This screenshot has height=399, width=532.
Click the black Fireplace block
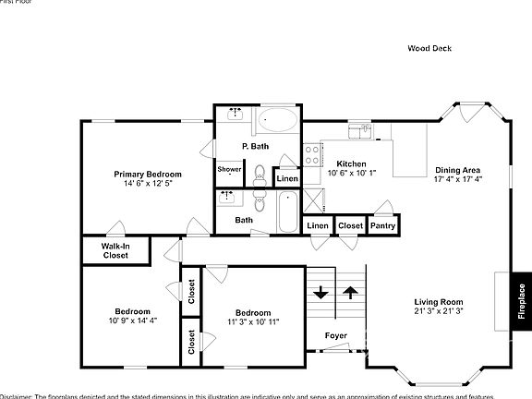[521, 300]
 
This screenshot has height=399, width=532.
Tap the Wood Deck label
[429, 48]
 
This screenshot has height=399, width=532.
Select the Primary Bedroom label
[148, 174]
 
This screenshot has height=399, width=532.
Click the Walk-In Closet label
[115, 251]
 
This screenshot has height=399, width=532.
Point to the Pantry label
[382, 225]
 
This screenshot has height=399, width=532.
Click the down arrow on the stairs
[320, 294]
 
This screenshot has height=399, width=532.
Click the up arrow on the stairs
[351, 294]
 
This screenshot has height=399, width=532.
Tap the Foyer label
[336, 335]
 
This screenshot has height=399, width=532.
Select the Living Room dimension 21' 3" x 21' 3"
[439, 312]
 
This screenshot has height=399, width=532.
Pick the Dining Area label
[457, 170]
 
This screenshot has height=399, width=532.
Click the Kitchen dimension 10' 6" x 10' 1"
[352, 173]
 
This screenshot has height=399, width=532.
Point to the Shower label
[229, 169]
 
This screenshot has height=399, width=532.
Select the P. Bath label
[256, 146]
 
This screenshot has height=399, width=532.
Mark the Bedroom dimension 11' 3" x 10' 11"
[252, 321]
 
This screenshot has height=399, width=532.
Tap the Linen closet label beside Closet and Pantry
[318, 225]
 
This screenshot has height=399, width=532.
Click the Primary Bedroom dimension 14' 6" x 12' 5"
[148, 184]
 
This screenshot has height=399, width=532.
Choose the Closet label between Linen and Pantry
[350, 225]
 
